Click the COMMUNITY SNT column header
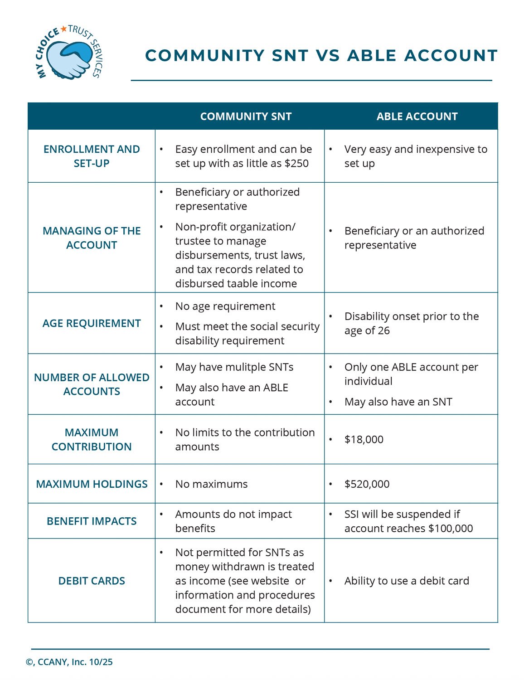point(246,117)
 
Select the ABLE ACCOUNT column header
point(417,117)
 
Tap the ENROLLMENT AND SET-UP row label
point(92,156)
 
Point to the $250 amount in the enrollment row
point(297,163)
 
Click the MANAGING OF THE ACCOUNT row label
point(92,238)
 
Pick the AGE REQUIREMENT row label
point(92,323)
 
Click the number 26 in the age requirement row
point(383,330)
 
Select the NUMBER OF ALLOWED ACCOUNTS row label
point(92,384)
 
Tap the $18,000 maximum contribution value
point(364,439)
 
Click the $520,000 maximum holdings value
point(367,484)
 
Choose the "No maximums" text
point(211,484)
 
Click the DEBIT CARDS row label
point(92,581)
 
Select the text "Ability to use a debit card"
point(407,581)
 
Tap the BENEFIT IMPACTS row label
point(92,521)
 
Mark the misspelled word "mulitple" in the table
point(245,367)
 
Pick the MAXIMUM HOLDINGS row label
point(92,484)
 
